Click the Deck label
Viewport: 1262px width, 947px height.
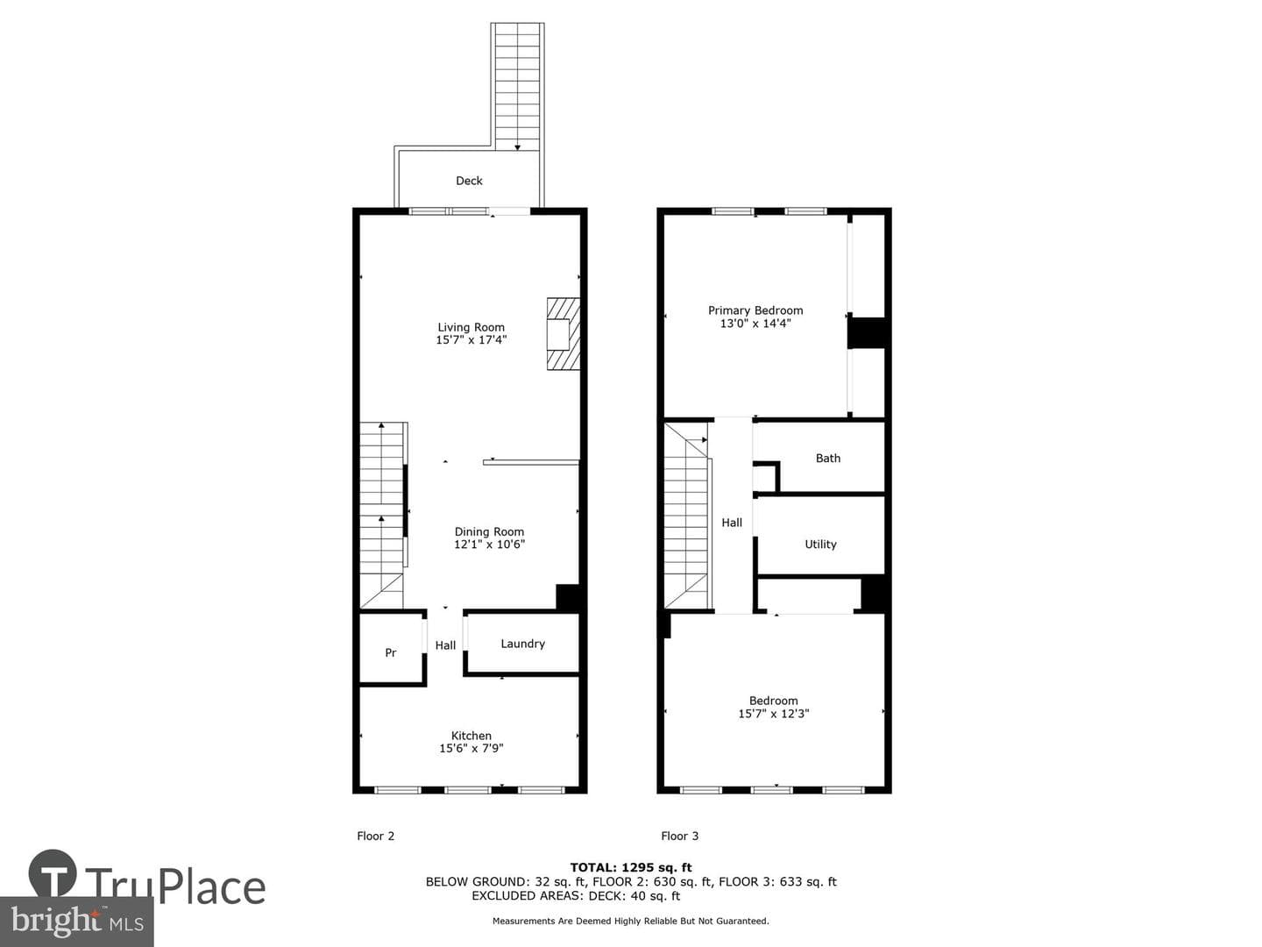pos(469,181)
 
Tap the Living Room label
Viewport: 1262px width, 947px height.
pos(471,327)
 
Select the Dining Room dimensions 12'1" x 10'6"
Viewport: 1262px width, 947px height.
pos(489,544)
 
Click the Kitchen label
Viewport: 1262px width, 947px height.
pos(471,736)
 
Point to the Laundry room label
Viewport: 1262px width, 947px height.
pos(522,644)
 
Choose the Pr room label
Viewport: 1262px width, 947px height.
pos(390,652)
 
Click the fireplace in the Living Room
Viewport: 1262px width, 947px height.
pos(563,333)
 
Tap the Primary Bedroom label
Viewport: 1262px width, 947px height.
pos(755,310)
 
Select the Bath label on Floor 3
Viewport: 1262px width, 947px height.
pos(828,459)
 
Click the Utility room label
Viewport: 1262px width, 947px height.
pos(820,544)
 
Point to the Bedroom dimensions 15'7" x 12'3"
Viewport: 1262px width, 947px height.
pos(773,714)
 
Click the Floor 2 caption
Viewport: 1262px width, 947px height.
pos(375,836)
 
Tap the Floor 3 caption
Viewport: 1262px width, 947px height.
pos(679,836)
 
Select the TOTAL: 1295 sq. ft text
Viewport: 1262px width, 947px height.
pos(631,868)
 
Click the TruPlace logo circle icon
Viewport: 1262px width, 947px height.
pos(53,873)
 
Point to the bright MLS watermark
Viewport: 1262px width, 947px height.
pos(76,921)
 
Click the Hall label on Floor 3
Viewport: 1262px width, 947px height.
pos(732,523)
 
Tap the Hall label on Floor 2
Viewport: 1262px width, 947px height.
pos(445,645)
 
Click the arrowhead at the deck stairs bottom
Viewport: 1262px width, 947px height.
pos(517,148)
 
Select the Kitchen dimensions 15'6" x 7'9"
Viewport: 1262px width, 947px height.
pos(471,748)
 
